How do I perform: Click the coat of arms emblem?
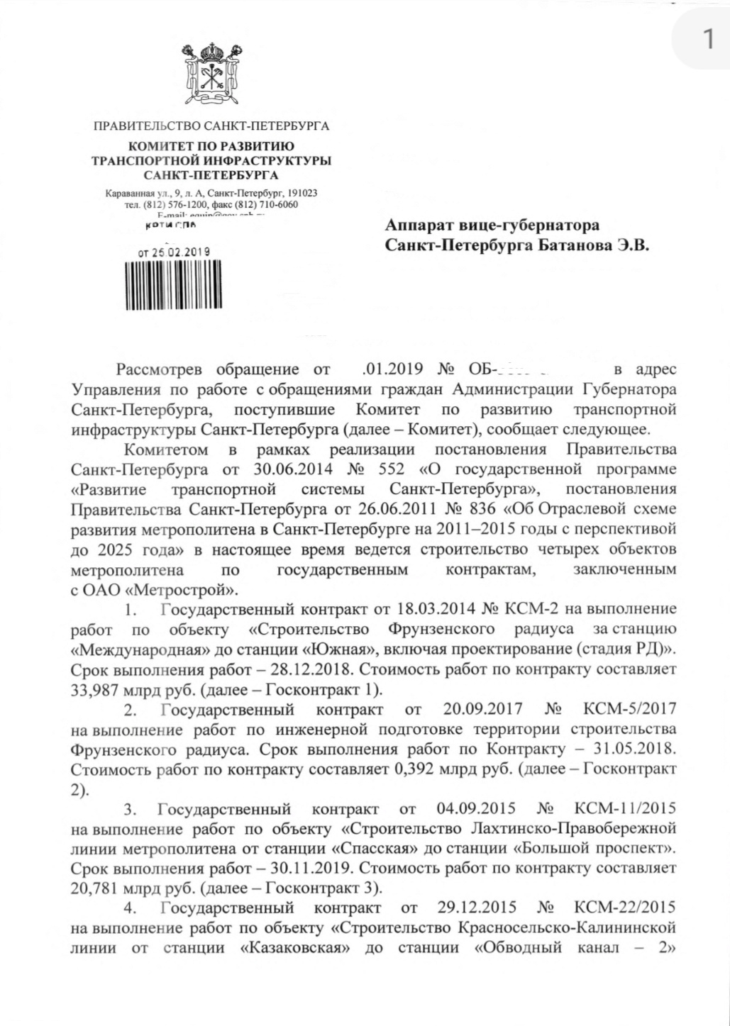click(210, 74)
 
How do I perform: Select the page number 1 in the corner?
click(707, 40)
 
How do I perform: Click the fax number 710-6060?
click(279, 205)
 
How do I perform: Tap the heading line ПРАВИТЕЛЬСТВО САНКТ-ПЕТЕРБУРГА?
click(211, 127)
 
